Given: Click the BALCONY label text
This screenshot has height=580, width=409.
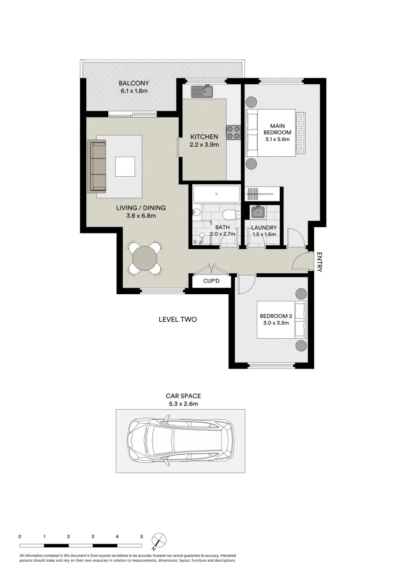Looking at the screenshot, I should (134, 83).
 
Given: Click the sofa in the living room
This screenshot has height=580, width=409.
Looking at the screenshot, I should (98, 166).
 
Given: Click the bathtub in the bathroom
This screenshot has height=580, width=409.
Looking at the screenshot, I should (217, 194).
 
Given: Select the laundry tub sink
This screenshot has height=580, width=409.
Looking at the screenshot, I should (258, 213).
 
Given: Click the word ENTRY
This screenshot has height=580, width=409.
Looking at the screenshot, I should (319, 262).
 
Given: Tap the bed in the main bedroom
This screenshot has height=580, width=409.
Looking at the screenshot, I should (271, 132).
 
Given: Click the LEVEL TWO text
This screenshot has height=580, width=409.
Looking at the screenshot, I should (177, 320).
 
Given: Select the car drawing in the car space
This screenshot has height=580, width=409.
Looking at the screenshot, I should (180, 440).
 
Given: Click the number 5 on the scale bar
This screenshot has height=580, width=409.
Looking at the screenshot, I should (142, 536).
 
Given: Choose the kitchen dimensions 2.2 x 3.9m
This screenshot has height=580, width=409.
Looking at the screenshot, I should (204, 144).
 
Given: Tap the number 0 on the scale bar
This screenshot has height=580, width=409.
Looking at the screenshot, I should (19, 536).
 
